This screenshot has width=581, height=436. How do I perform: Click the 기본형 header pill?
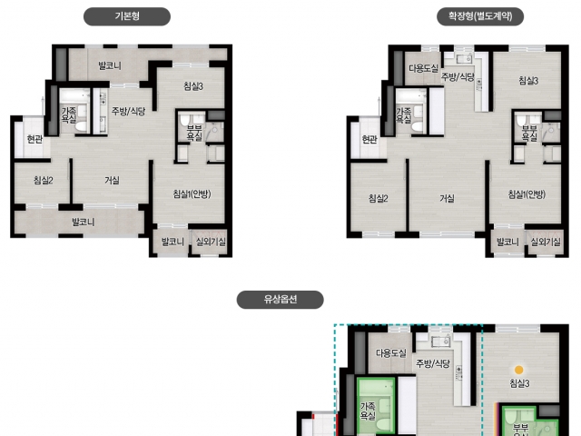127,16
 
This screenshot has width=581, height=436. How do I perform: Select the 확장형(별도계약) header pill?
480,16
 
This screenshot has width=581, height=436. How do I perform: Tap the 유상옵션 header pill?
281,300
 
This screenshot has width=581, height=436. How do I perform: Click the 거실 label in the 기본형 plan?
112,181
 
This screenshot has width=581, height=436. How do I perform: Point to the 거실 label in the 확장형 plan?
448,198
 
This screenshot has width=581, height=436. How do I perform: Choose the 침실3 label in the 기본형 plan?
193,86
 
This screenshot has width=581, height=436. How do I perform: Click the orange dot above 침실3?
519,370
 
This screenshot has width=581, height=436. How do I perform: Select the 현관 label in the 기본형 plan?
34,139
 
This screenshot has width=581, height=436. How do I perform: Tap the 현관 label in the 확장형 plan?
369,139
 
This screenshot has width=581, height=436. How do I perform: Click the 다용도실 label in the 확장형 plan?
424,68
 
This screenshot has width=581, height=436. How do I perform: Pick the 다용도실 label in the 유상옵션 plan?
391,353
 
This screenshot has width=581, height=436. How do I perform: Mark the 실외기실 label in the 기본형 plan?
211,242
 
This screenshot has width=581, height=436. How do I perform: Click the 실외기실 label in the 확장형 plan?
546,243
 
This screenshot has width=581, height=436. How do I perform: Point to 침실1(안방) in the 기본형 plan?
192,193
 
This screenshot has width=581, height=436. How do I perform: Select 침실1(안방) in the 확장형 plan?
527,193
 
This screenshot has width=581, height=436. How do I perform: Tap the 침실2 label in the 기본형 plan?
44,181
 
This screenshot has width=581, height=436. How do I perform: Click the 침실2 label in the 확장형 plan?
379,198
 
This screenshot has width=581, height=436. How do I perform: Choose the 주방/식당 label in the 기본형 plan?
129,111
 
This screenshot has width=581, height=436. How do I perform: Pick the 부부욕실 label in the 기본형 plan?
194,133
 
